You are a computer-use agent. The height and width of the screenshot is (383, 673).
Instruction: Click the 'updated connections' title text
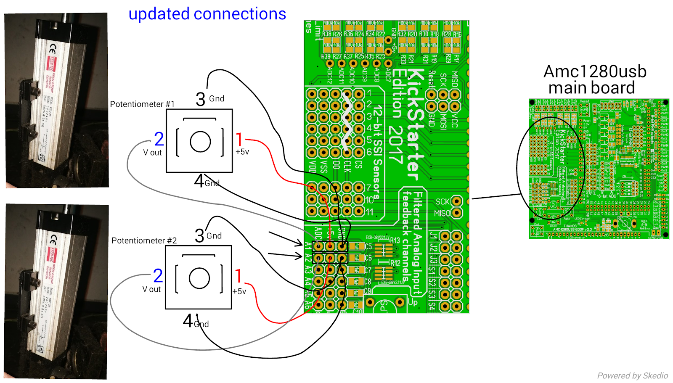coord(207,14)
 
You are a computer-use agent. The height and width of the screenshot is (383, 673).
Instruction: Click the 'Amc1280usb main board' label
coord(594,79)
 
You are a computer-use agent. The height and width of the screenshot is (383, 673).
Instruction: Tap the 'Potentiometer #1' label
coord(142,104)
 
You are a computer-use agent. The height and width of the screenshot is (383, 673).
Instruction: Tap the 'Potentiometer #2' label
coord(144,240)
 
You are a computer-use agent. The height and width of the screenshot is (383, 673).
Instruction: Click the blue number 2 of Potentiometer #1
coord(159,139)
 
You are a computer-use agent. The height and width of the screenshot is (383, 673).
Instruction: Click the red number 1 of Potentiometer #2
coord(238,276)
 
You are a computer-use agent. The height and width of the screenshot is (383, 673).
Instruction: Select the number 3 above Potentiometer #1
coord(201,100)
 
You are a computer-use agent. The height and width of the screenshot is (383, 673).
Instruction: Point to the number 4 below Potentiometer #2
coord(188,321)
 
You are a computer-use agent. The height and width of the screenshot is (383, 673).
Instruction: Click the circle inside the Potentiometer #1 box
coord(200,142)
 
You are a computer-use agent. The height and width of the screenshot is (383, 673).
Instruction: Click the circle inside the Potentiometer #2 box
coord(199,278)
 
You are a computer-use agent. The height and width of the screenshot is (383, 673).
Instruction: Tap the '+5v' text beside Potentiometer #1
coord(242,152)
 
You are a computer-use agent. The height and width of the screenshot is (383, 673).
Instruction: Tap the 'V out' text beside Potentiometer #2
coord(151,289)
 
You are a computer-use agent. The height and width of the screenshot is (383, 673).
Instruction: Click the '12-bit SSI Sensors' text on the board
coord(377,151)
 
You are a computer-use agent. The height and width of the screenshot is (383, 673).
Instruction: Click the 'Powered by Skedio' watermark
coord(632,375)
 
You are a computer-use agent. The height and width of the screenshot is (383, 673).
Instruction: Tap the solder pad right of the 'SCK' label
coord(456,201)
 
